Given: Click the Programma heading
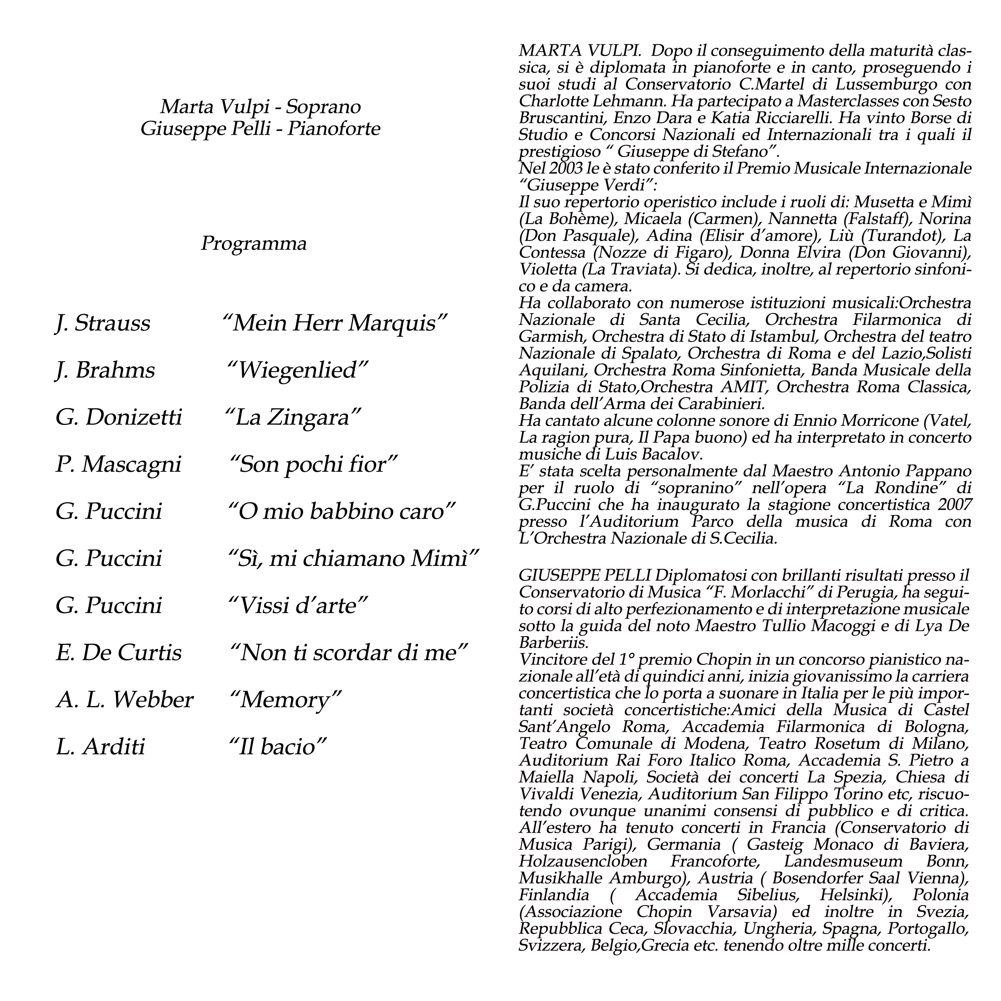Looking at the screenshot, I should click(x=253, y=243).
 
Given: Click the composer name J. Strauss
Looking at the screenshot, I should click(x=103, y=324).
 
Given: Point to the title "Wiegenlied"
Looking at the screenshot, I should click(x=298, y=371).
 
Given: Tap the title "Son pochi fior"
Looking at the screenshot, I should click(x=313, y=465).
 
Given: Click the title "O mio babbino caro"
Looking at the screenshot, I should click(x=342, y=512).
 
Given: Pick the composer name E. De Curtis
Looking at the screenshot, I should click(x=119, y=653).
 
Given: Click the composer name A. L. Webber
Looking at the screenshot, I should click(x=124, y=700).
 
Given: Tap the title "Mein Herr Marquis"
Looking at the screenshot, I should click(x=334, y=324).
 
